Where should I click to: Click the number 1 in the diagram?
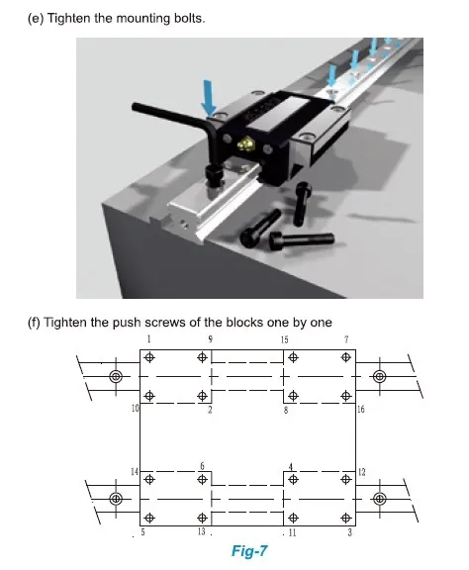(x=148, y=339)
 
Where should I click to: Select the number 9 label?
(x=210, y=339)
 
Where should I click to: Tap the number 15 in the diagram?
(x=284, y=339)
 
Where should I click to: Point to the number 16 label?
(x=360, y=409)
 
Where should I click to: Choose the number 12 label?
(x=361, y=472)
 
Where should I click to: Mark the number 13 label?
(x=202, y=532)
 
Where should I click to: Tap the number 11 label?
(x=293, y=532)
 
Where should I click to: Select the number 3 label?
(x=350, y=532)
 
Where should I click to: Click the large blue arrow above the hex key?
(x=208, y=95)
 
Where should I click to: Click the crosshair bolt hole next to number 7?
(x=345, y=357)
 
